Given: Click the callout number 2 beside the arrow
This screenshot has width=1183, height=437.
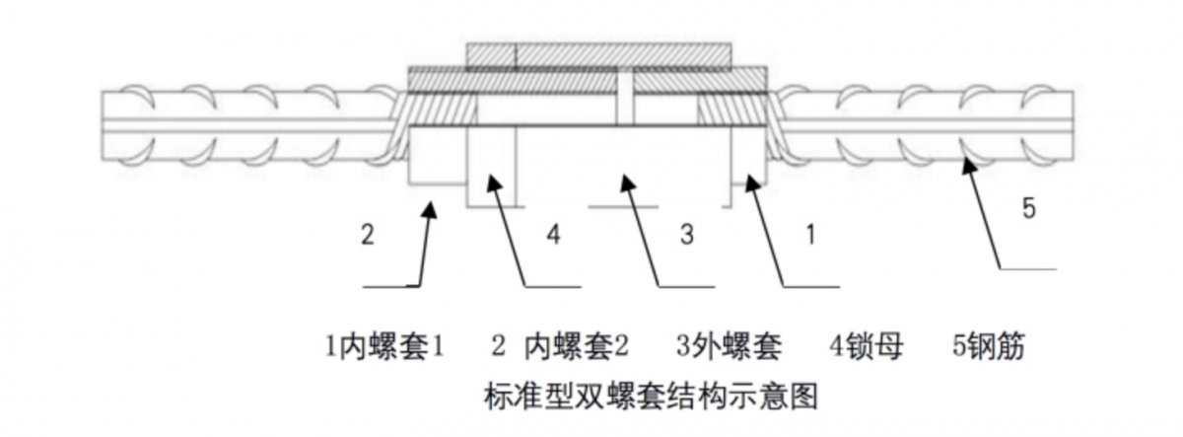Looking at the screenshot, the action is click(368, 234).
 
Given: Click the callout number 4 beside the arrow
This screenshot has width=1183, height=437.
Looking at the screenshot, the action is click(553, 234).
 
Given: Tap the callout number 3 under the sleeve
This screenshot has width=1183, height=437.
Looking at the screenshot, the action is click(686, 234).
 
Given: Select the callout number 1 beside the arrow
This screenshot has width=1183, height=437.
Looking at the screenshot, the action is click(810, 234).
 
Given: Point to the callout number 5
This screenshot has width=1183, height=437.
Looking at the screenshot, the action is click(1028, 208).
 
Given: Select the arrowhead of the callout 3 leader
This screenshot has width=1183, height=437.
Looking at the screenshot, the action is click(626, 182).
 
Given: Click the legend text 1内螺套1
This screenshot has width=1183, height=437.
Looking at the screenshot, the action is click(383, 346).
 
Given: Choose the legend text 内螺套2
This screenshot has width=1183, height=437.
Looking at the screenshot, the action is click(576, 346).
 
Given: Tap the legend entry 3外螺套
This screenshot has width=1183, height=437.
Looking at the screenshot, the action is click(729, 346).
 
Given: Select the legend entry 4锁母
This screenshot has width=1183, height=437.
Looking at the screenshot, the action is click(867, 346).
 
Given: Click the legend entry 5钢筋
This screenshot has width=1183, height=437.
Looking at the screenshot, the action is click(988, 346).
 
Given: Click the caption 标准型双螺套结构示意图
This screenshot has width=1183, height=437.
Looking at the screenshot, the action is click(651, 397).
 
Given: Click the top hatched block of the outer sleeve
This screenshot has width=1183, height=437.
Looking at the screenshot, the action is click(599, 55).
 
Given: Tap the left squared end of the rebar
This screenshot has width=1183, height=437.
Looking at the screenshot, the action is click(102, 125).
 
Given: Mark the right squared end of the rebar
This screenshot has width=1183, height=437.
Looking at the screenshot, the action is click(1073, 125).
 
